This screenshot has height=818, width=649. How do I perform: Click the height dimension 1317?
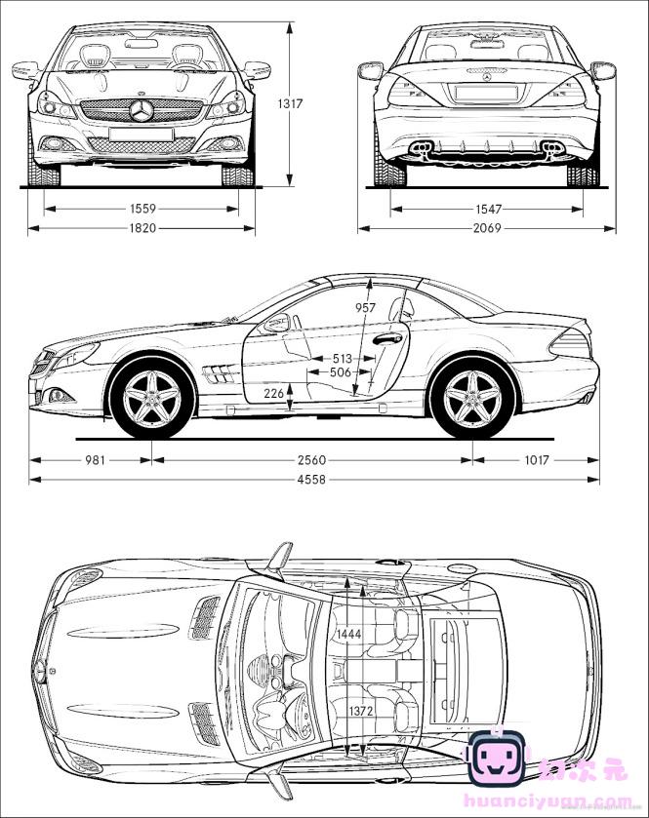[289, 103]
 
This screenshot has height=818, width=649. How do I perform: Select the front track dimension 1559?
[142, 209]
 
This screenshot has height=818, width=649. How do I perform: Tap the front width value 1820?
[142, 229]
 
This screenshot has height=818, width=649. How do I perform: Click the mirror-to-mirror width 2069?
[488, 229]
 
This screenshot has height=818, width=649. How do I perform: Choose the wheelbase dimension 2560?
[311, 460]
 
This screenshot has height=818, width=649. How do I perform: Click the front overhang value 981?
[94, 460]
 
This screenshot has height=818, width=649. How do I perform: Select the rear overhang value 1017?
[537, 460]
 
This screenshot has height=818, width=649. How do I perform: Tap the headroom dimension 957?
[365, 308]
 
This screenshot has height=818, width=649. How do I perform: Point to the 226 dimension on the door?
[274, 394]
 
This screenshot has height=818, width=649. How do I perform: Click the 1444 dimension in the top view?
[348, 635]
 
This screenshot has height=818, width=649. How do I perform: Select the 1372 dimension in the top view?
[361, 712]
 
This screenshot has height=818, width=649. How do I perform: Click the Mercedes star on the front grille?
[142, 110]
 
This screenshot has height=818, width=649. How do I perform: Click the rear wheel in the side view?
[472, 398]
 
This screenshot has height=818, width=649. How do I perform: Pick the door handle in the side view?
[387, 339]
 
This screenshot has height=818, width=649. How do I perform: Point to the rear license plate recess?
[486, 94]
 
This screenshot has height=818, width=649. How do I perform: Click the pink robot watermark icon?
[497, 759]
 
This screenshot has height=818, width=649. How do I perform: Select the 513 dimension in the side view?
[341, 359]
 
